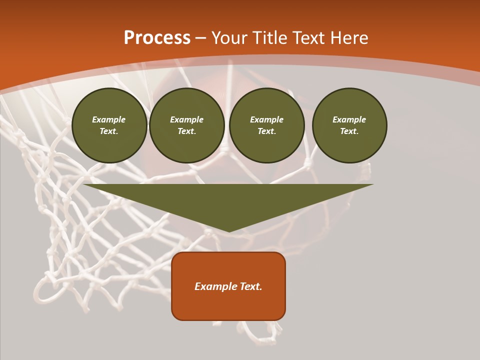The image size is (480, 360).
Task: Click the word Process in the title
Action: click(x=157, y=38)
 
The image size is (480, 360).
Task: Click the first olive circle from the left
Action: click(x=109, y=125)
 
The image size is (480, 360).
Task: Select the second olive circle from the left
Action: click(x=187, y=125)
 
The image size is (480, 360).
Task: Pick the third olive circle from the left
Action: click(x=267, y=125)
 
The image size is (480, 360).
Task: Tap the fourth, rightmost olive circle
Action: click(x=349, y=125)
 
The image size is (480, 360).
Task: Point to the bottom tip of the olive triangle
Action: click(x=229, y=231)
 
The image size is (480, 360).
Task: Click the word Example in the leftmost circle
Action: click(x=109, y=119)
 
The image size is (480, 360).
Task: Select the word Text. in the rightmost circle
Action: click(x=349, y=131)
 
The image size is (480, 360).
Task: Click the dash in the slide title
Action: click(x=200, y=38)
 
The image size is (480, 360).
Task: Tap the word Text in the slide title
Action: click(x=310, y=38)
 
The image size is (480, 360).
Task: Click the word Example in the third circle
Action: click(x=267, y=119)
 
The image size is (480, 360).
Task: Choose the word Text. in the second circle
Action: click(x=187, y=131)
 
